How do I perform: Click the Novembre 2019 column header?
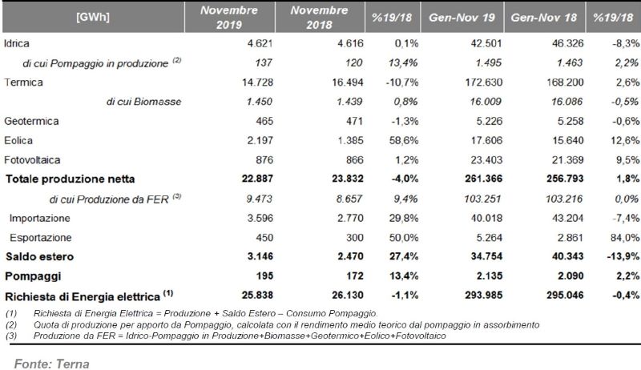tap(229, 18)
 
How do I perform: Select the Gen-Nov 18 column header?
tap(544, 18)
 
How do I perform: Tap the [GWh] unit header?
tap(93, 18)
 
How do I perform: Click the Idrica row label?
tap(17, 43)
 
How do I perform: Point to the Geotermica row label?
tap(31, 121)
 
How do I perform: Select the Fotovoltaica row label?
tap(32, 159)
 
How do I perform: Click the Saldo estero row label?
tap(39, 256)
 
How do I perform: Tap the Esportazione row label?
tap(41, 238)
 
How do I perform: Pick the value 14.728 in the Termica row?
tap(257, 82)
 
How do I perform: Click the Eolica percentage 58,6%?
tap(404, 141)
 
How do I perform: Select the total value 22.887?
tap(257, 179)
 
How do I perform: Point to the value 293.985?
tap(484, 296)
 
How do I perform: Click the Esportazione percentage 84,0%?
tap(625, 238)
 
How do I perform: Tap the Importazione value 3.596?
tap(260, 218)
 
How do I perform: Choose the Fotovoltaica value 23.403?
tap(486, 160)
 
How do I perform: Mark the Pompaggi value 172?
tap(355, 276)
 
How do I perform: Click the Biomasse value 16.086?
tap(566, 102)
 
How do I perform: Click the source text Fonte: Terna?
tap(52, 364)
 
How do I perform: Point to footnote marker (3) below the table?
tap(11, 336)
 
